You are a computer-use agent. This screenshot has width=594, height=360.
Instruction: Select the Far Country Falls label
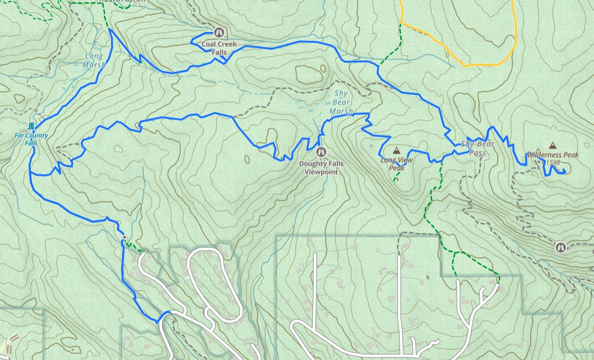[x=31, y=139]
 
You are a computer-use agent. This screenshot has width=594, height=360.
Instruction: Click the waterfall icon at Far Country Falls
[x=32, y=126]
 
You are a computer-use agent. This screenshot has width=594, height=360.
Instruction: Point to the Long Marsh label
[x=94, y=60]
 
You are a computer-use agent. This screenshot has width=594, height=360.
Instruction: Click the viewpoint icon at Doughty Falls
[x=321, y=152]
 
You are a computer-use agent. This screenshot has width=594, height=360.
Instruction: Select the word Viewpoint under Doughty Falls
[x=321, y=171]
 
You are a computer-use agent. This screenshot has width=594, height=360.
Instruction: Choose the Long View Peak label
[x=397, y=164]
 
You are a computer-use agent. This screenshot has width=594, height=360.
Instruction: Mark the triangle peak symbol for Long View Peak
[x=396, y=150]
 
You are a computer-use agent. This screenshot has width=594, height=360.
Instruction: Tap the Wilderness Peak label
[x=553, y=155]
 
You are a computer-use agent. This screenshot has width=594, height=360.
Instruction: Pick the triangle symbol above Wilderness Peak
[x=553, y=145]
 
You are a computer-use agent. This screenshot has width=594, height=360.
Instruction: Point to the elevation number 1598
[x=552, y=163]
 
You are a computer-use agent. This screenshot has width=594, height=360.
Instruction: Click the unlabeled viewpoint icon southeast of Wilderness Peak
[x=561, y=246]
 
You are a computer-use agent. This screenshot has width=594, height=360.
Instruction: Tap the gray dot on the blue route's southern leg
[x=124, y=238]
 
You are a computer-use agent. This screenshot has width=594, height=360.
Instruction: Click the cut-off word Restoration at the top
[x=123, y=1]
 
